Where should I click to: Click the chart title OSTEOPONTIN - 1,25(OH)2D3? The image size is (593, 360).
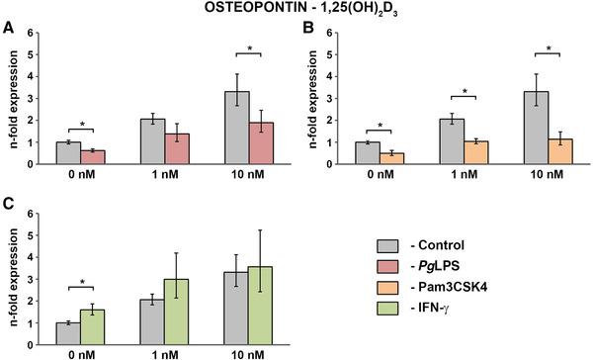(296, 11)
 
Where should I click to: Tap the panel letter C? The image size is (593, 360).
(8, 206)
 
